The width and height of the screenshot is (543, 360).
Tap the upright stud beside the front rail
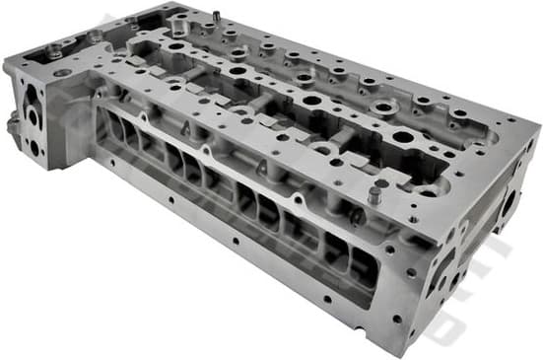coord(374,193)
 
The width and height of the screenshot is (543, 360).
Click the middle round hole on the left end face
coord(33,117)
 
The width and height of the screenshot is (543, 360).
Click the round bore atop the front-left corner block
coord(63,73)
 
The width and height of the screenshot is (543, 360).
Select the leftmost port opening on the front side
coord(111,123)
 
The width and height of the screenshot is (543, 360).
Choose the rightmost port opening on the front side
coord(363,260)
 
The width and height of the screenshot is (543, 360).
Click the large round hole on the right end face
coord(509,205)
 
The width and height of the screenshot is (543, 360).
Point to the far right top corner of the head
coord(539,127)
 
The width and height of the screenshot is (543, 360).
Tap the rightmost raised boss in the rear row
coord(459,113)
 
